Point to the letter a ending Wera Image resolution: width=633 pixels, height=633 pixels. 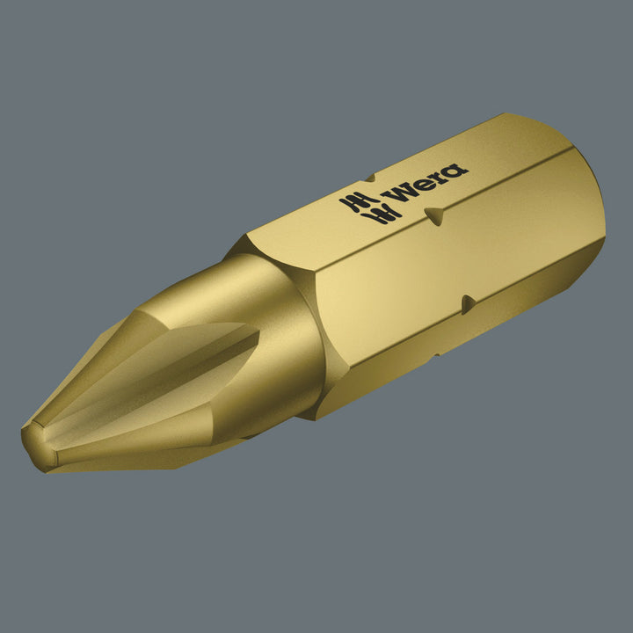click(456, 171)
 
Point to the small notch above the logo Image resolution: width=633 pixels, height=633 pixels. click(369, 178)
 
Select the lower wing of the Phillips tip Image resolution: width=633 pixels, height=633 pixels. click(158, 431)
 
